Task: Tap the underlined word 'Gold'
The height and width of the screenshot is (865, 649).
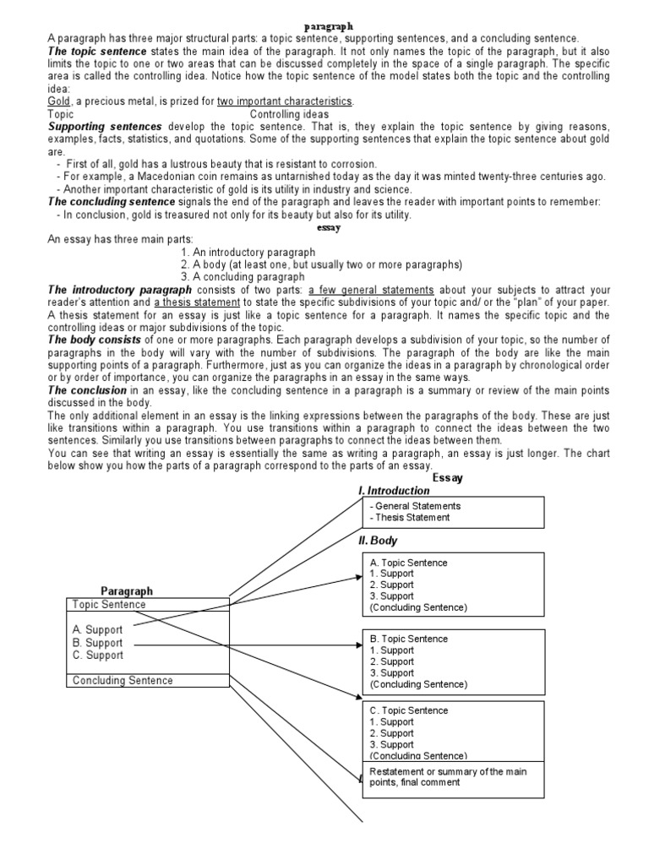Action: coord(59,101)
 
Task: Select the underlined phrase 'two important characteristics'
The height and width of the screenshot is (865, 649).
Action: coord(285,101)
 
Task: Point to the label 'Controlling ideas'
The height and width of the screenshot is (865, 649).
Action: coord(290,114)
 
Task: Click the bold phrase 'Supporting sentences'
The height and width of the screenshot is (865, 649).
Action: coord(94,127)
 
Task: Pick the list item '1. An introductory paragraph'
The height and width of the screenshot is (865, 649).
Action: coord(248,253)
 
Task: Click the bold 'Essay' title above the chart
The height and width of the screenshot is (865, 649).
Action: coord(447,477)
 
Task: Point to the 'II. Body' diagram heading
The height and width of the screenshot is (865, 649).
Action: coord(378,541)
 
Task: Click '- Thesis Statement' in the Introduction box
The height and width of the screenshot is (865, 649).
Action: coord(410,518)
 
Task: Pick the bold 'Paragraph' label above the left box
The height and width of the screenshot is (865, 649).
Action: coord(127,591)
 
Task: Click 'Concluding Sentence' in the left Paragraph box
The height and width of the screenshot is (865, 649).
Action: coord(123,681)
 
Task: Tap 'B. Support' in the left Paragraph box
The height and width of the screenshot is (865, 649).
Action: coord(97,643)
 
